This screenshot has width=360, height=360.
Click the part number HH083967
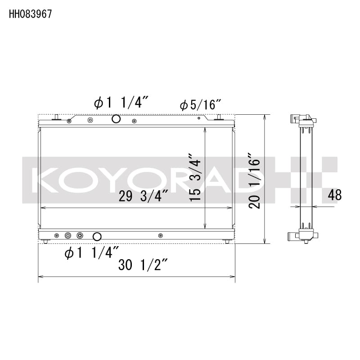click(30, 14)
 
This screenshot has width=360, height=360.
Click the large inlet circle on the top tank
click(116, 119)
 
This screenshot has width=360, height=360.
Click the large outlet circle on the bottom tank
click(97, 236)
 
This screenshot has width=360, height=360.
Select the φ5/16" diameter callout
click(200, 105)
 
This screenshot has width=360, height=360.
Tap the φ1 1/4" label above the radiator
click(118, 103)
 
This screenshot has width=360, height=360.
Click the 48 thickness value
click(335, 195)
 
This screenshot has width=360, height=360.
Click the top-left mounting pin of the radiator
click(56, 117)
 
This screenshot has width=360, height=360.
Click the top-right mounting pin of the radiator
click(219, 117)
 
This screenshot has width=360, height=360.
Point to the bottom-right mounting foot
click(227, 242)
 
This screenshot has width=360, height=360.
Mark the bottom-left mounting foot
click(46, 242)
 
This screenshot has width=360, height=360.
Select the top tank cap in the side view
click(305, 120)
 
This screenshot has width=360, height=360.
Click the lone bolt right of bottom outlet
click(161, 235)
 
